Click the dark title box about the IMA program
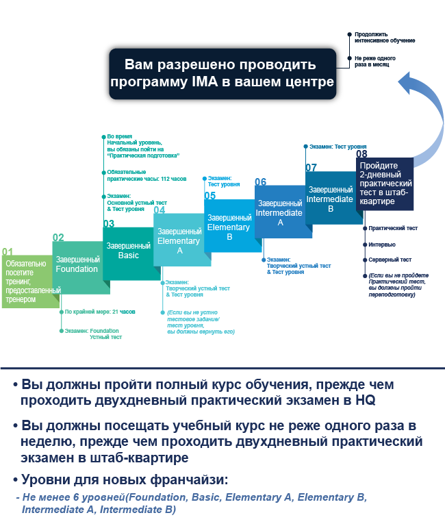click(x=222, y=74)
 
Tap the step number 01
click(x=8, y=251)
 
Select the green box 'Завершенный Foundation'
click(x=77, y=267)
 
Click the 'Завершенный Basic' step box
click(x=128, y=253)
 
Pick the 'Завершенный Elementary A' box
click(x=179, y=240)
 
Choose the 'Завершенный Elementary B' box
click(x=229, y=225)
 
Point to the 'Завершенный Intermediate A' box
click(x=280, y=212)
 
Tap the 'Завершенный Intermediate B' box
click(x=331, y=198)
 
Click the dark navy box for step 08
click(x=385, y=184)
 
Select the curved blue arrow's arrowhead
click(x=407, y=83)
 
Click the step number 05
click(x=209, y=195)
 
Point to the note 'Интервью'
click(x=382, y=245)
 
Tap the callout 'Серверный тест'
click(x=390, y=260)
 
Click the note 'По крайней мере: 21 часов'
click(x=100, y=312)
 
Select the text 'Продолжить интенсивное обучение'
click(x=385, y=38)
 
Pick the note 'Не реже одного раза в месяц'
click(x=375, y=62)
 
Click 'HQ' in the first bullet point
click(x=365, y=400)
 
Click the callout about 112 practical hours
click(x=147, y=175)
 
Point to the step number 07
click(x=311, y=167)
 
